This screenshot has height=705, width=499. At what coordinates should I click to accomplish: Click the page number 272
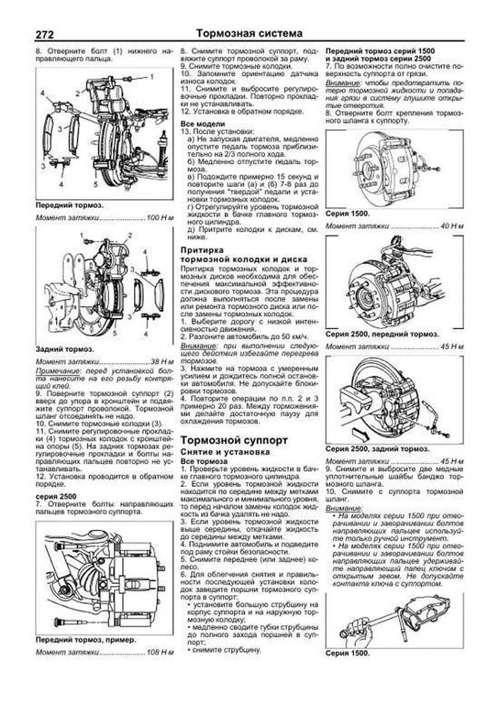44,34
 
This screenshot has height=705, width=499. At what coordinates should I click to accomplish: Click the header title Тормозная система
249,33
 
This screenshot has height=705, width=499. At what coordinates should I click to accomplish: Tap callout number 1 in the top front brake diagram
152,77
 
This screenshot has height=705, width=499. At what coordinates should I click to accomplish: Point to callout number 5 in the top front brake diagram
95,184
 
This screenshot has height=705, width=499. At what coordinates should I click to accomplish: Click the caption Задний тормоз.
65,349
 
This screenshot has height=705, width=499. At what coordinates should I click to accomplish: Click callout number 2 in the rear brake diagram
130,236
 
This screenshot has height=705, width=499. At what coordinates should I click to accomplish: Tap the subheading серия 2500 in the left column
56,496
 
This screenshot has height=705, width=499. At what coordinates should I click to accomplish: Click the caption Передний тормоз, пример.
86,640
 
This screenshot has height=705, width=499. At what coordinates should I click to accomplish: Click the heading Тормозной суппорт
234,440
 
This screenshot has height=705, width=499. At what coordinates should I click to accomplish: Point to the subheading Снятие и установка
225,452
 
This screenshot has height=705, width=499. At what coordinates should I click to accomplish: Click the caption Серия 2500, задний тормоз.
378,449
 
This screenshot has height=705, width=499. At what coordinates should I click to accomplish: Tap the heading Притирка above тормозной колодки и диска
202,250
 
